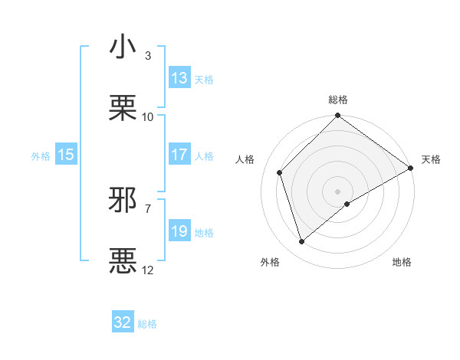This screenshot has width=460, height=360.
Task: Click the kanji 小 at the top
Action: (123, 47)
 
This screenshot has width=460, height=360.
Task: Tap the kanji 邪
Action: (123, 200)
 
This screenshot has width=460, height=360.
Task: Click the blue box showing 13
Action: (179, 78)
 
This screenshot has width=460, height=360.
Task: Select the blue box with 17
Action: (179, 155)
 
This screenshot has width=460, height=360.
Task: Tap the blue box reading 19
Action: (179, 231)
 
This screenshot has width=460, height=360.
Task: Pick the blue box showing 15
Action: (66, 155)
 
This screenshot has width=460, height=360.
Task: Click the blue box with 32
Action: (123, 322)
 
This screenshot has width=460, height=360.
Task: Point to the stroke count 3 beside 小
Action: (148, 56)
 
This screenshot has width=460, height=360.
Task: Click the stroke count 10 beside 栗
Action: (148, 116)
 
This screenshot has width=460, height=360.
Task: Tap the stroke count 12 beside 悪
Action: (148, 270)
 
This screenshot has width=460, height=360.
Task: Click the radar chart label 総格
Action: (338, 100)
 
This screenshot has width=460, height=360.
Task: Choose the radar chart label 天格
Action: (431, 159)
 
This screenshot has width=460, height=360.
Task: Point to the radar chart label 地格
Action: (402, 262)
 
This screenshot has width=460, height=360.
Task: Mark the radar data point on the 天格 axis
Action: (411, 169)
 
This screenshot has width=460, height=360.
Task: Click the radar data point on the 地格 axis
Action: (347, 204)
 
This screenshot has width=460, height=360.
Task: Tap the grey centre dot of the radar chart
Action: (338, 191)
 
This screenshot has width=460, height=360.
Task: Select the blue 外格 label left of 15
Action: (41, 155)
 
